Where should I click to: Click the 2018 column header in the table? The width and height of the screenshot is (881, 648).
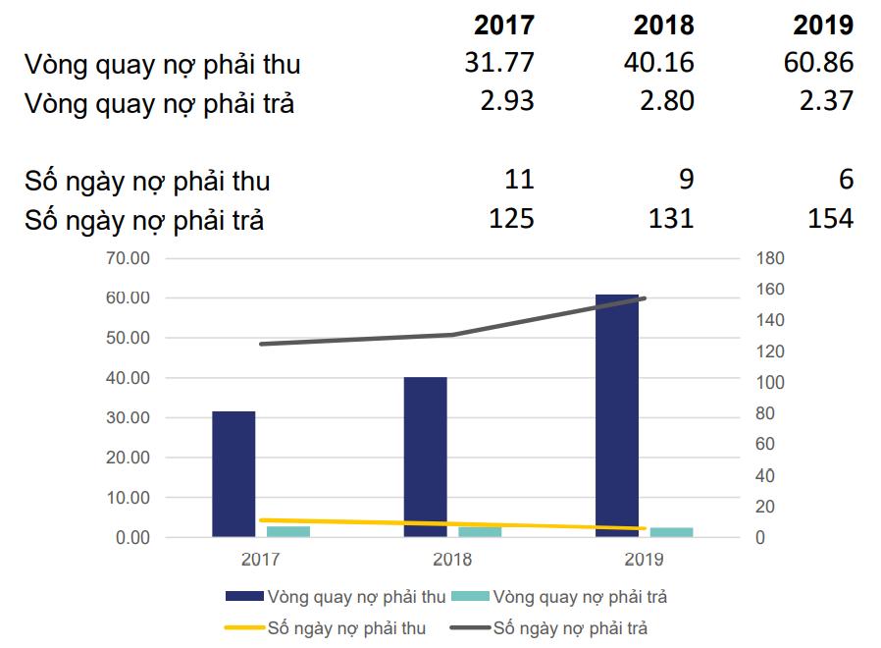[664, 25]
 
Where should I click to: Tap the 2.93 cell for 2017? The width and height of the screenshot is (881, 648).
[507, 100]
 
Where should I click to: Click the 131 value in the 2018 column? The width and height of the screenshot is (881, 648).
[671, 218]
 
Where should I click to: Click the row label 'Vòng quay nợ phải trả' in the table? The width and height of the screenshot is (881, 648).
[160, 103]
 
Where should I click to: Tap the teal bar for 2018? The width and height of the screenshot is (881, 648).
[480, 532]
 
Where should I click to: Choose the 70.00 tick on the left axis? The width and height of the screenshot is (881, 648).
[127, 258]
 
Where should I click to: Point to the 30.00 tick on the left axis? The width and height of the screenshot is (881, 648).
[127, 418]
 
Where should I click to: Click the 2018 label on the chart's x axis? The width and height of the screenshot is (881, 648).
[452, 560]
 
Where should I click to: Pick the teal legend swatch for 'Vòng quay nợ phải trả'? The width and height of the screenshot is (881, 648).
[477, 596]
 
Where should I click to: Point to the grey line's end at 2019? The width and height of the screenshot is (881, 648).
[644, 297]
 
